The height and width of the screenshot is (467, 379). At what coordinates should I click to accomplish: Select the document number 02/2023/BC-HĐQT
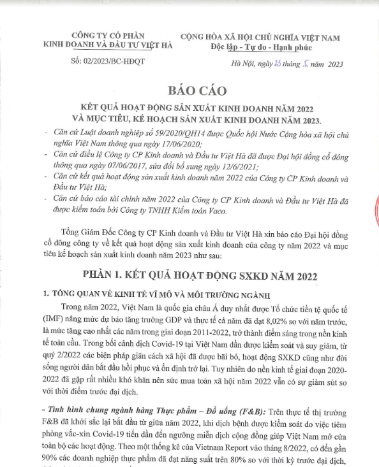[105, 62]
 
